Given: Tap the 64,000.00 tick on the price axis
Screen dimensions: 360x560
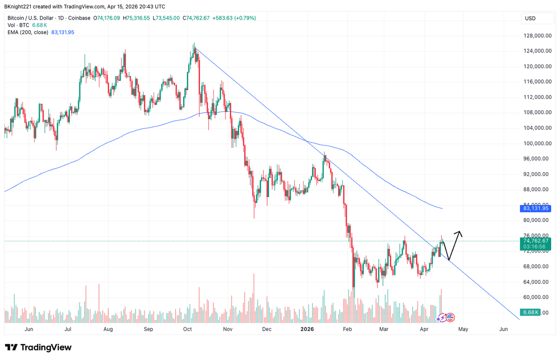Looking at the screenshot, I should coord(535,282).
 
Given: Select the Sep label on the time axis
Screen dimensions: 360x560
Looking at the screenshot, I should coord(148,330).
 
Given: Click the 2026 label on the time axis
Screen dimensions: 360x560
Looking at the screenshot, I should coord(307,330).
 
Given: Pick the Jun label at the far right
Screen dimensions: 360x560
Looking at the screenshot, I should coord(503,330).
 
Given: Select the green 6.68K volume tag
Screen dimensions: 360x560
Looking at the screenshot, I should coord(531,312).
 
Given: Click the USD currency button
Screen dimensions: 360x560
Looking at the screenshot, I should coord(530,19).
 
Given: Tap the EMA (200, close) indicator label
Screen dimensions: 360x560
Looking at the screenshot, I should coord(28,32).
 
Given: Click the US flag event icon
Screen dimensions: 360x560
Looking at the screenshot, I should coord(450,318).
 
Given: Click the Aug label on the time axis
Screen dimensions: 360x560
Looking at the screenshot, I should coord(108,330).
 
